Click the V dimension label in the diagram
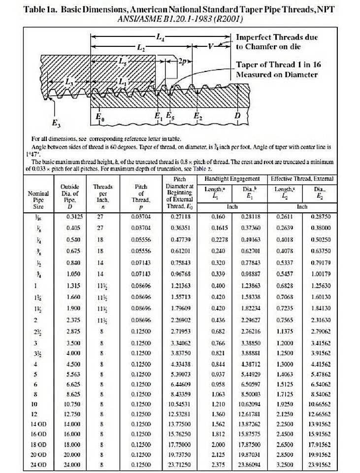pyautogui.click(x=211, y=48)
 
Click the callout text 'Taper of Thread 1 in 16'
pyautogui.click(x=277, y=65)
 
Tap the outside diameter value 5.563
pyautogui.click(x=73, y=374)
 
